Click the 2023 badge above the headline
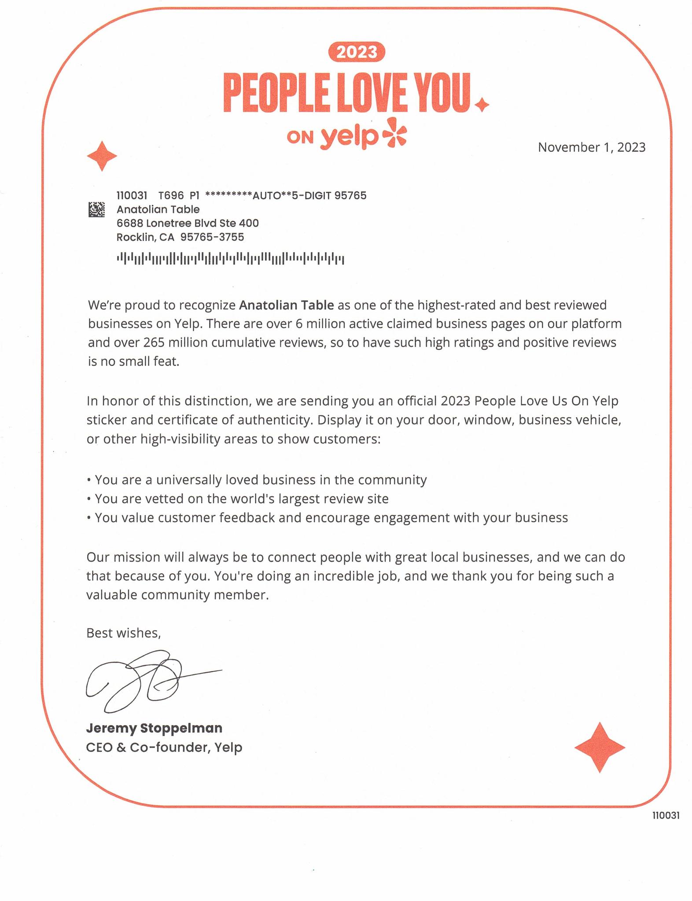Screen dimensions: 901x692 point(357,52)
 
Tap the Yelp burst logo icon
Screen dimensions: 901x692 point(394,133)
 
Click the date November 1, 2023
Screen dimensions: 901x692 point(591,147)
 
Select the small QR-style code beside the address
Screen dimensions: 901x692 point(97,209)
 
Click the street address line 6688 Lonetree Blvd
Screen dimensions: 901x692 point(187,223)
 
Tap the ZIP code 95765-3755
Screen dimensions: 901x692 point(212,237)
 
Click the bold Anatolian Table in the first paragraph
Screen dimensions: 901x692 point(287,305)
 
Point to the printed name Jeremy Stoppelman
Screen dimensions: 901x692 point(154,728)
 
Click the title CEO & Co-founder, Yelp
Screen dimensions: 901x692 point(164,747)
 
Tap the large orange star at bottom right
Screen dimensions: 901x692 point(600,747)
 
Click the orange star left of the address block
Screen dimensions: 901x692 point(102,156)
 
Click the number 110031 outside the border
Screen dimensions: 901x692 point(666,815)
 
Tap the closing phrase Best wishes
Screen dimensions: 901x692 point(123,633)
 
